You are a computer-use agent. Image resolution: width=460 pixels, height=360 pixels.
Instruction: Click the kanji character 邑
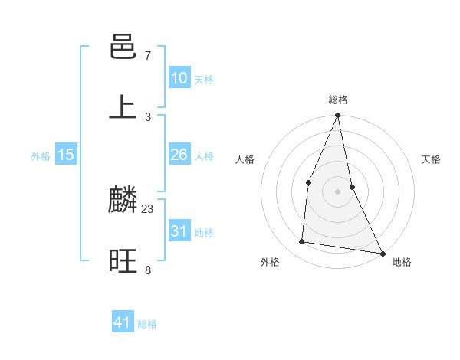pos(123,47)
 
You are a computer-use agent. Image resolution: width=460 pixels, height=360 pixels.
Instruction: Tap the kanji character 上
pos(123,107)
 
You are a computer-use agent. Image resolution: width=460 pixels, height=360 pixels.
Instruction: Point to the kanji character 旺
pos(123,261)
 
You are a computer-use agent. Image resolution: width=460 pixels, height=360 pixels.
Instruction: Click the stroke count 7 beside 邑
pos(147,56)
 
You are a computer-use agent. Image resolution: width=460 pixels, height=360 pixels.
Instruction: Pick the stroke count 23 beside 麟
pos(148,208)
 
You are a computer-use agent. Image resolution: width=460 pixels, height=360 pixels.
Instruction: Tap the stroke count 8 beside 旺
pos(147,270)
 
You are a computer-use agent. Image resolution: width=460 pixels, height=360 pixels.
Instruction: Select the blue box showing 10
pos(179,78)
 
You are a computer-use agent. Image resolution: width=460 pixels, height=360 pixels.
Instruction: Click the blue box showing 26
pos(179,155)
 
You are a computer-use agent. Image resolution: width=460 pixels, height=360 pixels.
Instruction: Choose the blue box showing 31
pos(179,231)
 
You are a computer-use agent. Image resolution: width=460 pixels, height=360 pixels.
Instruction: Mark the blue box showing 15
pos(66,155)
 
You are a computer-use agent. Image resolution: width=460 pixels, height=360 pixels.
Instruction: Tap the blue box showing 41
pos(123,322)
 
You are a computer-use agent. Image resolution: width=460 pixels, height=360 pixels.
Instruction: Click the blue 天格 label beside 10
pos(204,80)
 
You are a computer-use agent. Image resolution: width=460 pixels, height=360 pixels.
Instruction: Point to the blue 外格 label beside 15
pos(41,156)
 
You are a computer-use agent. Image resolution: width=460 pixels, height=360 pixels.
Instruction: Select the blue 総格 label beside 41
pos(147,324)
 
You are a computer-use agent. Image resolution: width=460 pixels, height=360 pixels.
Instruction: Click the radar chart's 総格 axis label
pos(338,100)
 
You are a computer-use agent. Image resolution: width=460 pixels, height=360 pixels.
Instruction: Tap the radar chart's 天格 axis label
pos(432,160)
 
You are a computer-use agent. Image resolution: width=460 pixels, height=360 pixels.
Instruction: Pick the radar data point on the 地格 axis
pos(382,253)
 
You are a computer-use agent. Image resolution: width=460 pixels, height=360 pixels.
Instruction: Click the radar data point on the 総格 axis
pos(338,116)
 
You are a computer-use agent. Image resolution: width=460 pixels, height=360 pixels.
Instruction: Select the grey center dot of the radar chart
pos(338,191)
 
